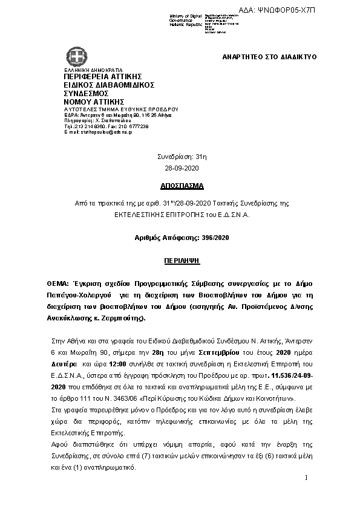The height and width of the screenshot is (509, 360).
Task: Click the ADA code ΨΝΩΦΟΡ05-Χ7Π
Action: click(324, 10)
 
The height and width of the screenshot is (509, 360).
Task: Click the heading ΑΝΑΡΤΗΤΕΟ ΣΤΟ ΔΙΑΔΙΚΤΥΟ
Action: click(270, 57)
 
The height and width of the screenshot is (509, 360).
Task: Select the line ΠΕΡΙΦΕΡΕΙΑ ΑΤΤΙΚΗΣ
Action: click(102, 76)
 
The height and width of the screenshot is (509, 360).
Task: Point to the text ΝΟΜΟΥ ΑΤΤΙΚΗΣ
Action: click(94, 102)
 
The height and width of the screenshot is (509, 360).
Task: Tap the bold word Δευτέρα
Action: click(63, 365)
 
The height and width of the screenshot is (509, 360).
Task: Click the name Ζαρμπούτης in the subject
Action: click(128, 318)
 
